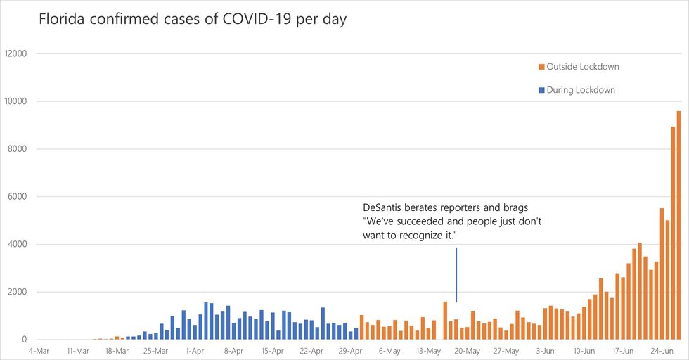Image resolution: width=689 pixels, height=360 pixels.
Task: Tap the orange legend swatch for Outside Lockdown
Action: coord(541,67)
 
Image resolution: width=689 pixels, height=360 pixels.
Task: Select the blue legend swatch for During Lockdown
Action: coord(541,90)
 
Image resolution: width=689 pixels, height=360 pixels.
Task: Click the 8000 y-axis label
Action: coord(17,149)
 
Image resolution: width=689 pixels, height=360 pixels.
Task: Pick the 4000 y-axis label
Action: coord(17,245)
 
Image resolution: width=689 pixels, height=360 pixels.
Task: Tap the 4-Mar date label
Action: coord(38,350)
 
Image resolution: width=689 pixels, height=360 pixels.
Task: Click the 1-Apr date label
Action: coord(194,350)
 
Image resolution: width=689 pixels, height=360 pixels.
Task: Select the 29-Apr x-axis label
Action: coord(350,350)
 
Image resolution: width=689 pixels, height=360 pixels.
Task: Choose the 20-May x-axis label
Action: coord(468,350)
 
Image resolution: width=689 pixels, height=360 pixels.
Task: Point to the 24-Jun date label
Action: coord(662,350)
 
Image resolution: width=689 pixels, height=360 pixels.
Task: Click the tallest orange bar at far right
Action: coord(678,225)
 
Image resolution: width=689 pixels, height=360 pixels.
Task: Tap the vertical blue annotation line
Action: coord(456,274)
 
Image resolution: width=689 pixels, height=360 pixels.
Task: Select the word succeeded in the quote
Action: coord(415,221)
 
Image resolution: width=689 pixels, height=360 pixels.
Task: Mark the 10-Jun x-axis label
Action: coord(584,350)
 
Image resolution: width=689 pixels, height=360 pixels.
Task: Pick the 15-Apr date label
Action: coord(272,350)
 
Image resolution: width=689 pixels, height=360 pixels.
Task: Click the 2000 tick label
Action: coord(17,292)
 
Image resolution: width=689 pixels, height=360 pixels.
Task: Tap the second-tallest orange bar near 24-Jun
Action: coord(673,233)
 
